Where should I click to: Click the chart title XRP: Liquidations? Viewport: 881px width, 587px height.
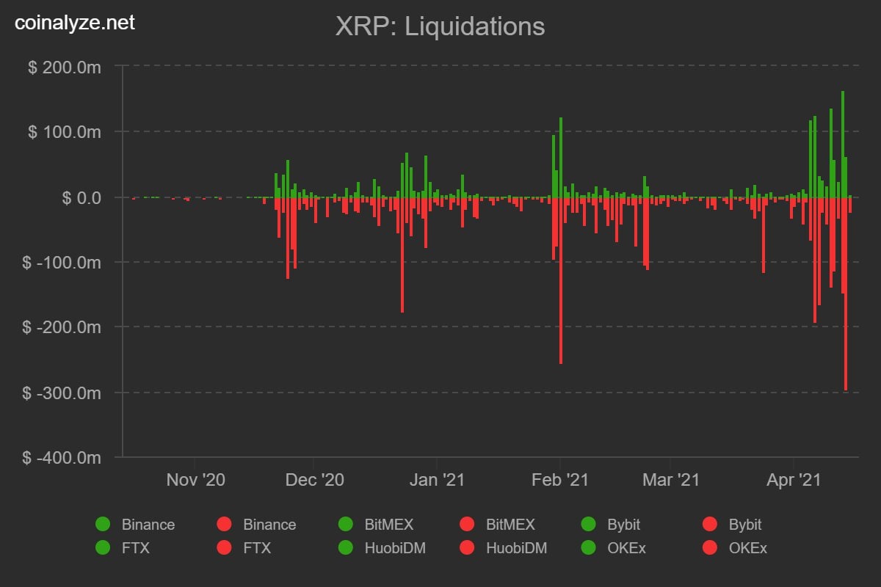[x=440, y=27]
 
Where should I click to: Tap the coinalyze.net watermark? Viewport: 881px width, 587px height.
[x=75, y=23]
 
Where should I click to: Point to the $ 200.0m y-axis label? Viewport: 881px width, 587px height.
[x=64, y=67]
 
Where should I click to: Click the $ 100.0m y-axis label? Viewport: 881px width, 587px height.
[x=64, y=132]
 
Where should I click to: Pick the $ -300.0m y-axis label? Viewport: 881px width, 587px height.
[x=62, y=393]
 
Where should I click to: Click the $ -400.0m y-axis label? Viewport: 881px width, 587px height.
[x=62, y=458]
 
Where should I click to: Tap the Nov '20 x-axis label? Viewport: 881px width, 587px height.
[x=195, y=480]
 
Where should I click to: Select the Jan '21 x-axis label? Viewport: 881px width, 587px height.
[x=437, y=480]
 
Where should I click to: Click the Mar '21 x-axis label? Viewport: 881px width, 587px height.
[x=670, y=480]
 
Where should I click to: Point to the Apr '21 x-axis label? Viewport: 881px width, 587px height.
[x=793, y=480]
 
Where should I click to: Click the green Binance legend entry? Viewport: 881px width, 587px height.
[x=136, y=525]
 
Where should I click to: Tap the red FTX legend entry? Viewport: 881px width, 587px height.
[x=244, y=547]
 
